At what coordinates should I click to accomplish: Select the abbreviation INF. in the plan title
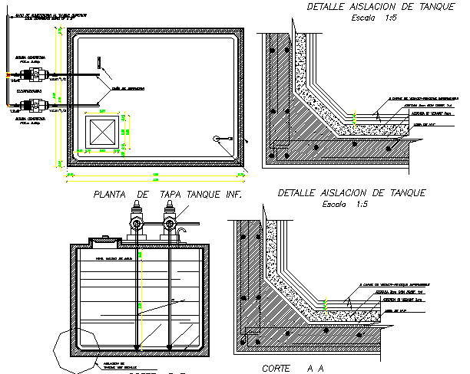click(x=231, y=195)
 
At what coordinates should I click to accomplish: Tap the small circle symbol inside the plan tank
click(x=217, y=138)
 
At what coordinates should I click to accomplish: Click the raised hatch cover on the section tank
click(x=104, y=241)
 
